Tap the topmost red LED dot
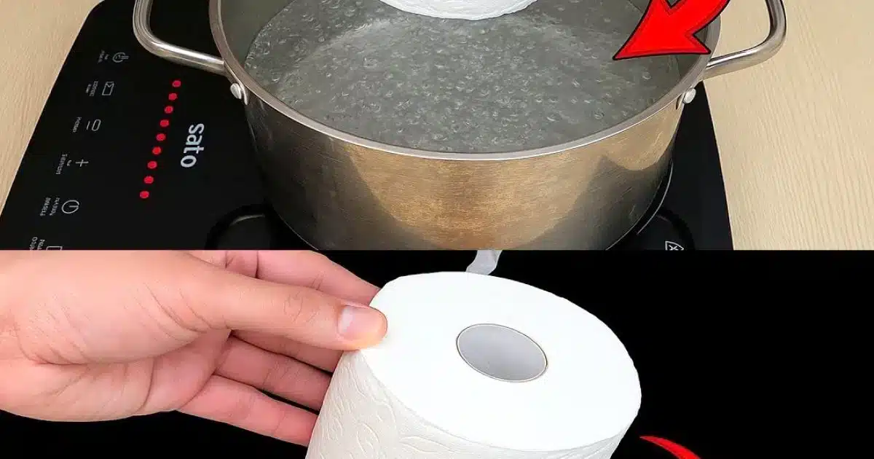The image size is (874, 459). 176,83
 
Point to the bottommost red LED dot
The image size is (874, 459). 144,195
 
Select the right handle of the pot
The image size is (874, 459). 757,44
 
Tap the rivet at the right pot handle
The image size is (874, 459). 688,95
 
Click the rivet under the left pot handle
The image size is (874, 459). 235,90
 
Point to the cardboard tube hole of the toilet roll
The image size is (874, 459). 502,352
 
